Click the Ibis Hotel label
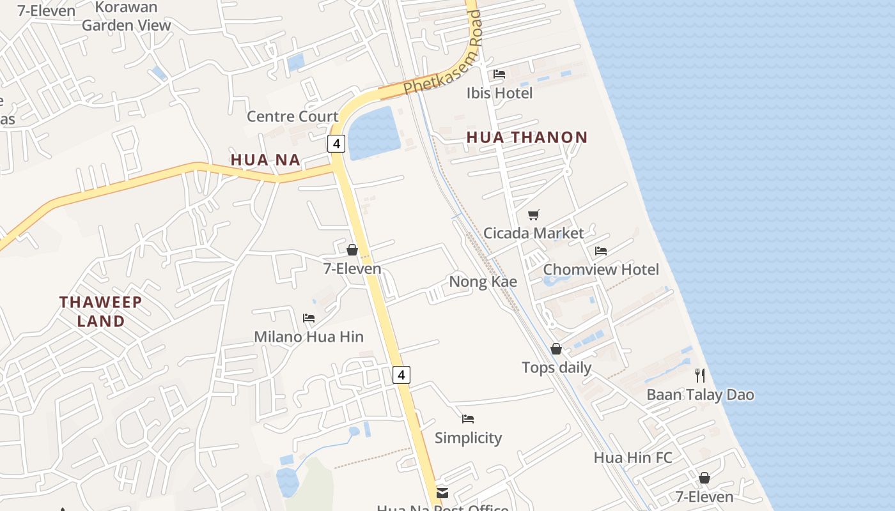click(x=499, y=93)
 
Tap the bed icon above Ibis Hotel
click(x=499, y=75)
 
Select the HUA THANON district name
click(x=527, y=137)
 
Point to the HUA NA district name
click(x=265, y=160)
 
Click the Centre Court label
click(x=292, y=116)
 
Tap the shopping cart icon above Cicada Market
click(x=534, y=215)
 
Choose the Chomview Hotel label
click(x=600, y=270)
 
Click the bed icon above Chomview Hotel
click(x=600, y=250)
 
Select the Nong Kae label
click(x=483, y=282)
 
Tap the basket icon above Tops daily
click(x=556, y=349)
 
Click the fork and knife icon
click(x=700, y=376)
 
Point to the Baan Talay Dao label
click(x=700, y=395)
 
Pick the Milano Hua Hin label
click(x=309, y=337)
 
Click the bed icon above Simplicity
click(x=468, y=419)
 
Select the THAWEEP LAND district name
click(x=101, y=311)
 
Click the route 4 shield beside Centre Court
click(x=336, y=143)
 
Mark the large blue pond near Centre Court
click(x=373, y=132)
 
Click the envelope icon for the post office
click(x=442, y=493)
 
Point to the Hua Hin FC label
click(x=632, y=458)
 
